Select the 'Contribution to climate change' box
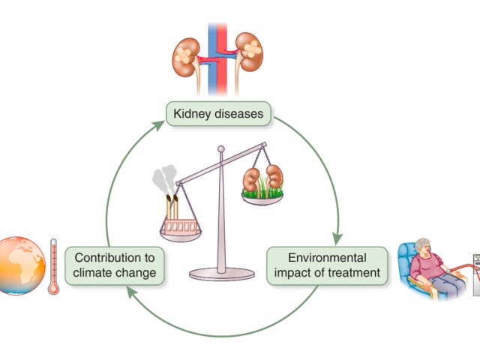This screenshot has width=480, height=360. (115, 265)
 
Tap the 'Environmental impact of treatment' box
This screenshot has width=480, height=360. (328, 265)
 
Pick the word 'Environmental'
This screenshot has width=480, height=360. (328, 256)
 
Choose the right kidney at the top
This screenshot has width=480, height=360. (249, 52)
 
